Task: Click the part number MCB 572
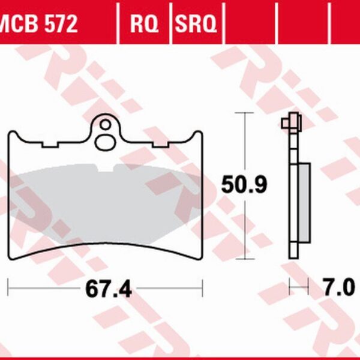coord(39,25)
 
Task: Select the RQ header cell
coord(145,25)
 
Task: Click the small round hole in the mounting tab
coord(106,125)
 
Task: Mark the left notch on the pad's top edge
coord(50,144)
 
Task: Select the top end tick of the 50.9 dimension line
coord(243,112)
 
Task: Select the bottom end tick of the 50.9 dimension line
coord(243,259)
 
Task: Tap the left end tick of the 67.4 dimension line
coord(8,287)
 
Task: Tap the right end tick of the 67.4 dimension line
coord(203,287)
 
